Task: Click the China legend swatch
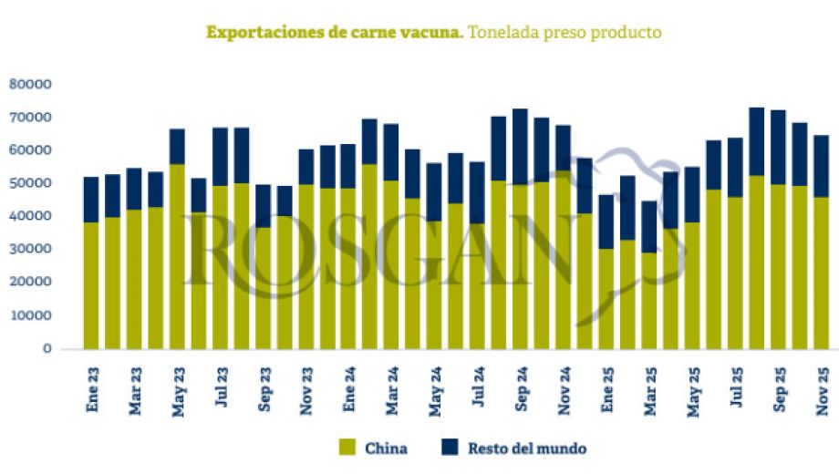point(347,448)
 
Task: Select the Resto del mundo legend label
point(526,448)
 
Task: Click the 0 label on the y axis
point(46,348)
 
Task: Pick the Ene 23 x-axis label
point(92,389)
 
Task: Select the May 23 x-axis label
point(178,389)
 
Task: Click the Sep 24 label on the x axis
point(522,389)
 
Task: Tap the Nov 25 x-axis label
point(822,389)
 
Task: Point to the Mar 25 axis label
point(650,389)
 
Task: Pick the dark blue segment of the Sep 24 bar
point(521,147)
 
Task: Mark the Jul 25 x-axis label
point(736,389)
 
